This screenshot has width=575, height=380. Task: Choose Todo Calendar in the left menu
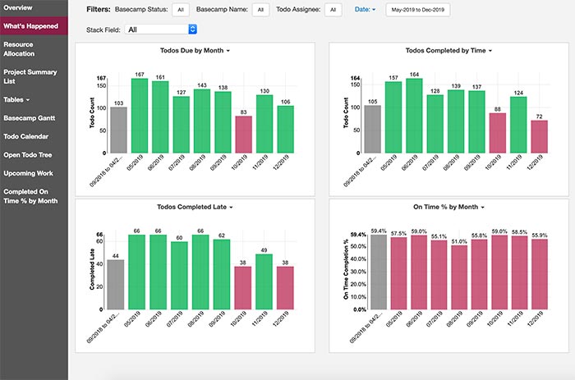point(25,137)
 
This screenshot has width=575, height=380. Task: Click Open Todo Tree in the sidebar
point(28,155)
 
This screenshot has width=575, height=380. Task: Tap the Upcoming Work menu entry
point(28,173)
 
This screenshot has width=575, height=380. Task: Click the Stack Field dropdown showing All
point(162,30)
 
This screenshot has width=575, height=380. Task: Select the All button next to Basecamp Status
point(181,10)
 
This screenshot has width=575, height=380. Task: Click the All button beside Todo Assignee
point(333,10)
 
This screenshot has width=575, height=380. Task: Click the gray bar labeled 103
point(118,130)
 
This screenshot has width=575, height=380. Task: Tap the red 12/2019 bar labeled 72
point(539,136)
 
